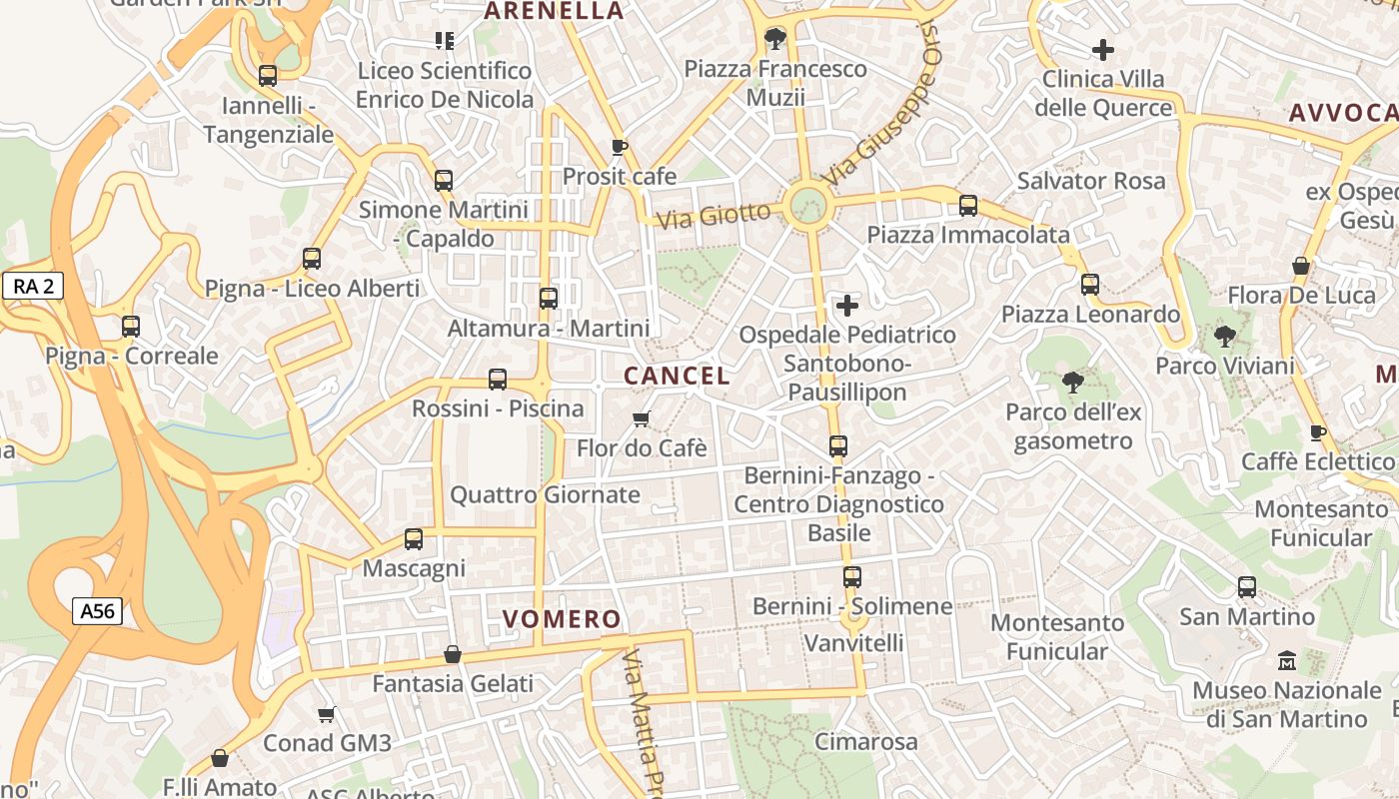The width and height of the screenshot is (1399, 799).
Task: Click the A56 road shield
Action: pos(97,611)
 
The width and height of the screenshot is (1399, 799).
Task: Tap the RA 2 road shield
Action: pos(33,287)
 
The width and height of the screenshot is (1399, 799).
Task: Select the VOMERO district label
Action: pos(562,619)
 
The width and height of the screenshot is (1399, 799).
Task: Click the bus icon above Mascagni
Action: pos(414,539)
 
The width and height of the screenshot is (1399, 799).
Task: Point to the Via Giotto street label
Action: pos(714,215)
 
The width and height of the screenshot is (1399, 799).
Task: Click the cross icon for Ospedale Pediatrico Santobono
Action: pos(847,306)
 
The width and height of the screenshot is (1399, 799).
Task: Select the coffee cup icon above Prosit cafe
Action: pos(620,148)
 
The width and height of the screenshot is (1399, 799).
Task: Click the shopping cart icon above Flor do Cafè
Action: pos(642,418)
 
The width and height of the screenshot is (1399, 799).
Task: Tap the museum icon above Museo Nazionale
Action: pos(1287,661)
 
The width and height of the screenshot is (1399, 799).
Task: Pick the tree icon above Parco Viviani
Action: pos(1225,337)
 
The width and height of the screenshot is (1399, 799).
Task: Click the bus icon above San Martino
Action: pos(1247,587)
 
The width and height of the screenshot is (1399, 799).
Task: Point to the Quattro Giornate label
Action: pos(545,494)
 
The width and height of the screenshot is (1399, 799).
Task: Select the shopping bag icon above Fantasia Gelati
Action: pos(453,654)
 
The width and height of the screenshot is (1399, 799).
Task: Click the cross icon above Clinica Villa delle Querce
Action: pos(1103,49)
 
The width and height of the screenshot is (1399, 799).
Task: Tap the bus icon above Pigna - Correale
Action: pos(131,327)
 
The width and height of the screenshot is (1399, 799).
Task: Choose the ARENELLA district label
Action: pos(554,11)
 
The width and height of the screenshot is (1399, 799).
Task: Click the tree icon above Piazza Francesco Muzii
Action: pos(774,39)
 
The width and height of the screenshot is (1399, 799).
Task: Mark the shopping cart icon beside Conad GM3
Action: pos(327,714)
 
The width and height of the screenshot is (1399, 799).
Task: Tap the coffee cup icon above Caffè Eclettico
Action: pos(1318,432)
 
